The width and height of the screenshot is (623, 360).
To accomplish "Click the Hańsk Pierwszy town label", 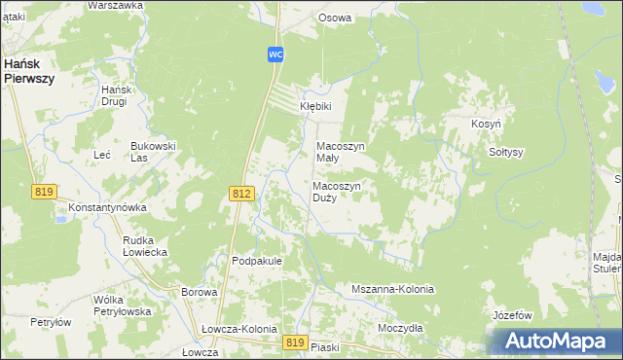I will (x=28, y=70).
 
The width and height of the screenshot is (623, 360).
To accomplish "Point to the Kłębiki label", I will (x=315, y=107).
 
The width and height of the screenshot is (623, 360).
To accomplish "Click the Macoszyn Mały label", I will (x=341, y=153).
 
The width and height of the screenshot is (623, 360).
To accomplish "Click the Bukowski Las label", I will (x=153, y=152).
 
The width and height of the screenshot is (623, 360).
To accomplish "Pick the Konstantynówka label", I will (x=107, y=208).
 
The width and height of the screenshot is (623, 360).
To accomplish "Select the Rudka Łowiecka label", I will (x=145, y=246).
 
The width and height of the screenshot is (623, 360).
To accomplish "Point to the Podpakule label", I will (x=257, y=261).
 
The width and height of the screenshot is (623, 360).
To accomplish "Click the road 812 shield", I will (x=243, y=195).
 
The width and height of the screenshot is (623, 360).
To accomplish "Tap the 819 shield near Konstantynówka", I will (x=43, y=192).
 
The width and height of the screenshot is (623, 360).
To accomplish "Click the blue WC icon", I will (x=276, y=54).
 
